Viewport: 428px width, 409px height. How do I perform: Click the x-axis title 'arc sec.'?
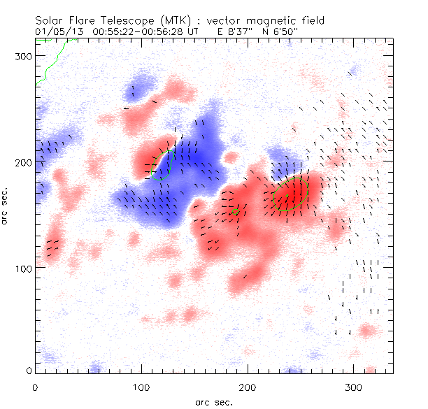point(213,401)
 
